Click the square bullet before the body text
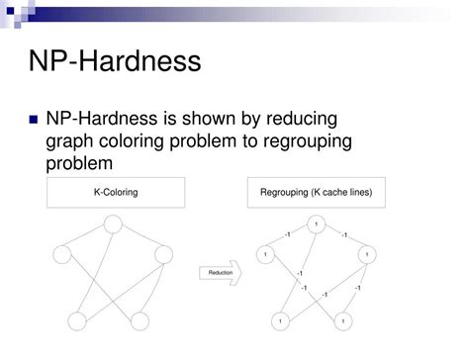tap(34, 120)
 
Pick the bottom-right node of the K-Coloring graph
tap(139, 321)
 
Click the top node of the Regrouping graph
tap(315, 225)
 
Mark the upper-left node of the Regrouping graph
tap(265, 256)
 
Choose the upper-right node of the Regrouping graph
tap(368, 256)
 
